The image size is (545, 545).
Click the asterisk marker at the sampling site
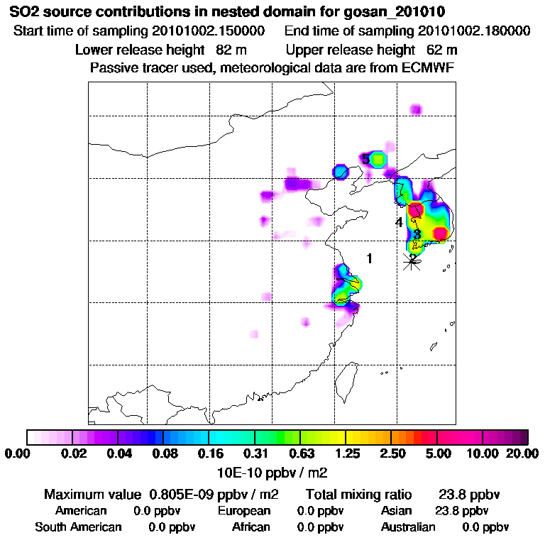click(411, 261)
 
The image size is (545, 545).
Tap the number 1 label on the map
click(369, 258)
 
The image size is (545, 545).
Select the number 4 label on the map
click(399, 223)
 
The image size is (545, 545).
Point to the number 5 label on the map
click(365, 159)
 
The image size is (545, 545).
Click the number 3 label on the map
click(417, 234)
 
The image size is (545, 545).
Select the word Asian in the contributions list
click(397, 511)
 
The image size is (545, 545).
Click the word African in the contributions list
click(251, 527)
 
